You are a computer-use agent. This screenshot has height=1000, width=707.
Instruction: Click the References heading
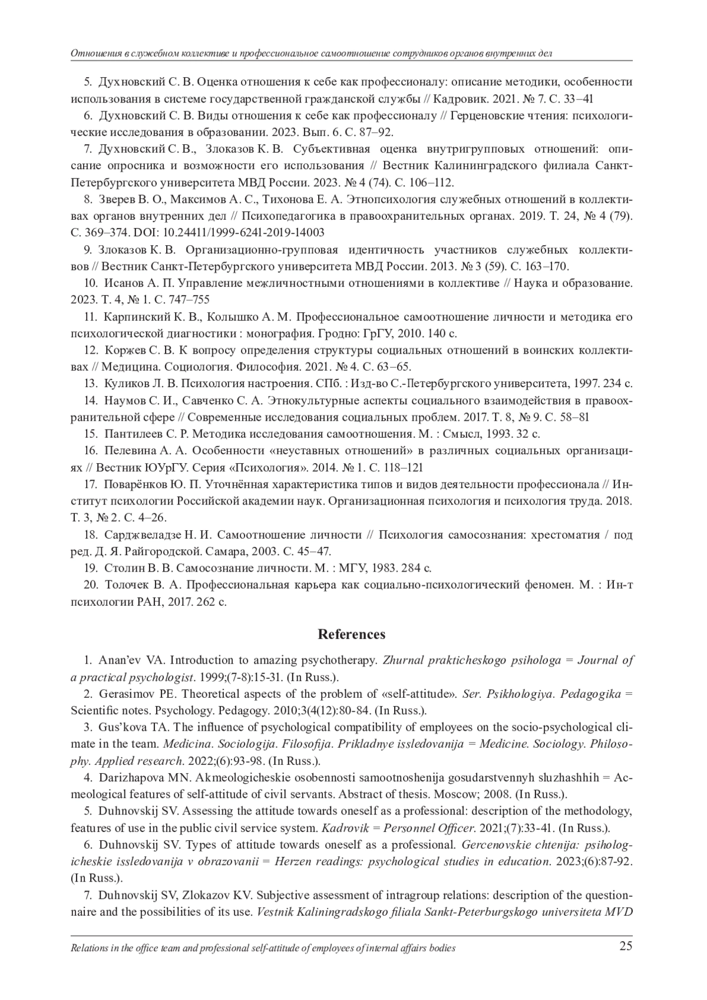click(352, 635)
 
